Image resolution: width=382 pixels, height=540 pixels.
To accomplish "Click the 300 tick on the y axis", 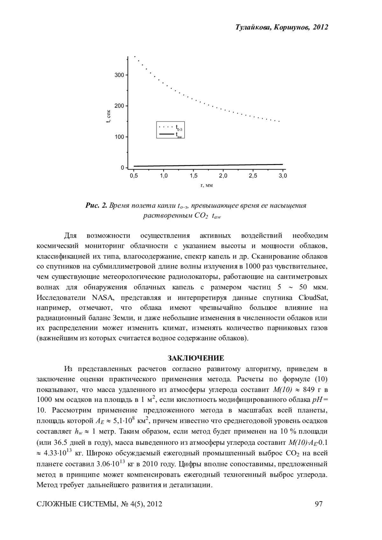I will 119,75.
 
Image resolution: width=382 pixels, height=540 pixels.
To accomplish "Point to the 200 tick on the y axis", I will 119,106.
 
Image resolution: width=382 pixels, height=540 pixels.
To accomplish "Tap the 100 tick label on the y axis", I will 119,137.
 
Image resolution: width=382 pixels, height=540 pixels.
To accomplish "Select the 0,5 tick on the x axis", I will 134,176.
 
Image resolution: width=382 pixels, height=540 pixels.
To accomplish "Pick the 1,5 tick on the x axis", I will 193,176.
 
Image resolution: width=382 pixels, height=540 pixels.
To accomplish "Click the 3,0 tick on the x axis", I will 283,176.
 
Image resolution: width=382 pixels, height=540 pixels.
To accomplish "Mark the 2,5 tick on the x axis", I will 253,176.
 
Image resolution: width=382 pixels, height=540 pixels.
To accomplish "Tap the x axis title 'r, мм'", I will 207,186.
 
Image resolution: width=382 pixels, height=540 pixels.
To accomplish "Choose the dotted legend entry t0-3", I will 171,128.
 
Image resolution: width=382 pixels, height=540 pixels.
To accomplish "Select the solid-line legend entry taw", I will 171,135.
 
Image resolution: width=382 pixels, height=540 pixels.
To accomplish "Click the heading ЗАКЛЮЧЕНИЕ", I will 196,358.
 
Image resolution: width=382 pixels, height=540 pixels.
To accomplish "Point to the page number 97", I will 319,504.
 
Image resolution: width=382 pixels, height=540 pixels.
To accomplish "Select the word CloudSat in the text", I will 313,298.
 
